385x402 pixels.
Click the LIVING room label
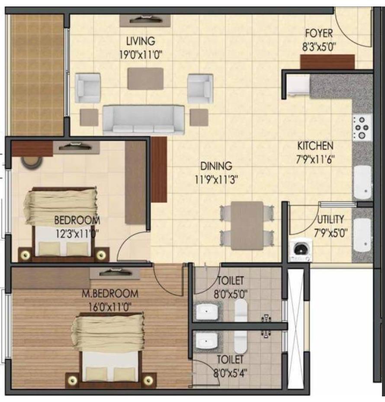[141, 41]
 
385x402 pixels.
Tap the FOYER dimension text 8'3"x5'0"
[319, 47]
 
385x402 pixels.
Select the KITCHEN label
[315, 146]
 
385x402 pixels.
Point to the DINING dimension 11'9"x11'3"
[216, 180]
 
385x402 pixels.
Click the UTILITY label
[331, 220]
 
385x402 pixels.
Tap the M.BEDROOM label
[110, 294]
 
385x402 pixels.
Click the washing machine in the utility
[301, 250]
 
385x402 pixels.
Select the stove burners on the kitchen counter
[362, 127]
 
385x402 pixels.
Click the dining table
[247, 226]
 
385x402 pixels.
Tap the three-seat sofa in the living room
[143, 120]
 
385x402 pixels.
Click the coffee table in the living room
[145, 79]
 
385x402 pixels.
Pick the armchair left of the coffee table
[87, 88]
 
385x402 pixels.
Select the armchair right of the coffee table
[200, 88]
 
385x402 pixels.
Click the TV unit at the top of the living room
[145, 20]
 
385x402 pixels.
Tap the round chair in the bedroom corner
[32, 162]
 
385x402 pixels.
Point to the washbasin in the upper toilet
[207, 312]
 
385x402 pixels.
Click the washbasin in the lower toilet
[207, 341]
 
